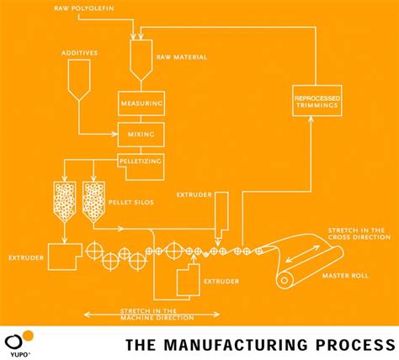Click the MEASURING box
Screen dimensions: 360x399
pos(140,105)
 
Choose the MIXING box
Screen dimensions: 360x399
pos(140,133)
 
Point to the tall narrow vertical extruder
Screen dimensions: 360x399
pos(221,212)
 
